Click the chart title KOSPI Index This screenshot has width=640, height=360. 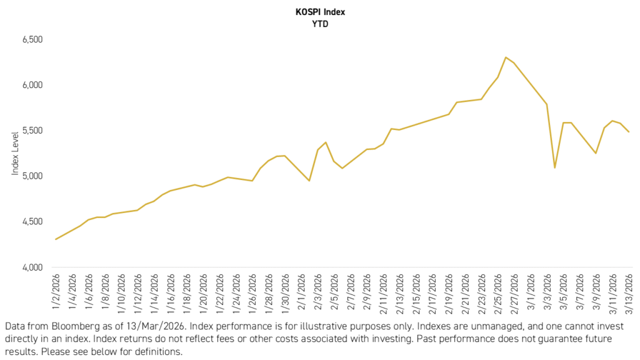pyautogui.click(x=320, y=11)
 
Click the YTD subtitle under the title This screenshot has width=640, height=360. pyautogui.click(x=320, y=24)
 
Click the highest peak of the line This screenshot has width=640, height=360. pyautogui.click(x=506, y=57)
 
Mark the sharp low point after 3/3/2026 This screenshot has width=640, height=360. pyautogui.click(x=554, y=167)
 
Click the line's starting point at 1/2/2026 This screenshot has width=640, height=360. pyautogui.click(x=56, y=239)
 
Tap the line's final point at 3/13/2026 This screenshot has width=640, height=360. pyautogui.click(x=629, y=132)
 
